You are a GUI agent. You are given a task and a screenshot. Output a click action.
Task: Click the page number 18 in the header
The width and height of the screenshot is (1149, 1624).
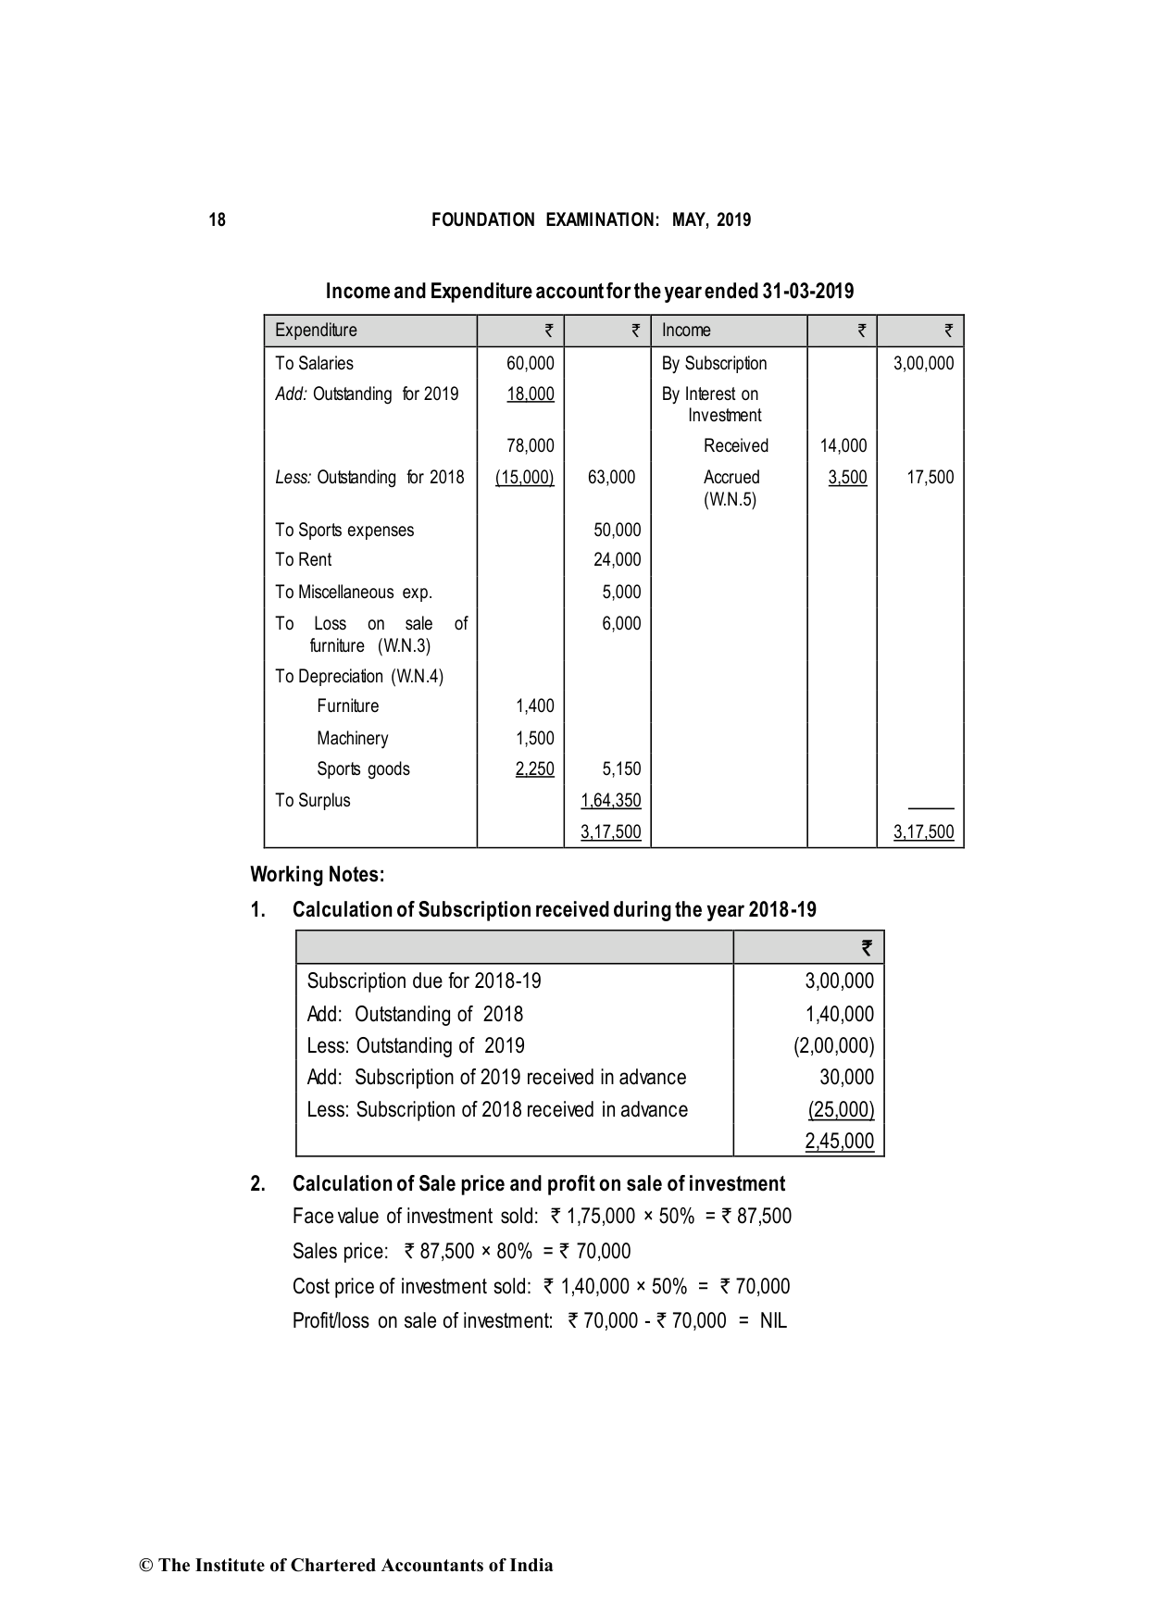coord(217,220)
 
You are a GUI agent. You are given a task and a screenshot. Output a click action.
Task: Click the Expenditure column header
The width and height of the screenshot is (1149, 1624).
coord(316,331)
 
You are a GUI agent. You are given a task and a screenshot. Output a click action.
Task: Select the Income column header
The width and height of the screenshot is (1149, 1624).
coord(686,331)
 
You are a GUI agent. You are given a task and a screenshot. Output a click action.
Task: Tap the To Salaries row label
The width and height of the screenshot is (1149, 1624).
coord(314,364)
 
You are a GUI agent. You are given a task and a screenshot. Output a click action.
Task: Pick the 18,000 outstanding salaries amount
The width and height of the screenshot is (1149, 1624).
coord(531,394)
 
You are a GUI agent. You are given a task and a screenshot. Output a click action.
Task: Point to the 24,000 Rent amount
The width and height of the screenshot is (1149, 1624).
coord(617,560)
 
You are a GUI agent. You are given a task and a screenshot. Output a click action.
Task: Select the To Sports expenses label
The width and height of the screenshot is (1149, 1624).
coord(344,531)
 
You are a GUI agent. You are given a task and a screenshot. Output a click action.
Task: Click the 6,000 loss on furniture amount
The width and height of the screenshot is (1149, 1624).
coord(621,624)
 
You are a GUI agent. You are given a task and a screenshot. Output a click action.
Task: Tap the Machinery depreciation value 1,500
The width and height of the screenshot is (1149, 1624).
coord(534,739)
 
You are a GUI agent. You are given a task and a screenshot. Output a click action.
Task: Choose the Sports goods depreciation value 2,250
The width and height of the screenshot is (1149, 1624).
coord(534,769)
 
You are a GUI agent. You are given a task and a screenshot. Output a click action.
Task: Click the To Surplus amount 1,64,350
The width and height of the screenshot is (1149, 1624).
coord(611,801)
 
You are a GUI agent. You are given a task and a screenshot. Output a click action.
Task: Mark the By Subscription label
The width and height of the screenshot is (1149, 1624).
coord(714,364)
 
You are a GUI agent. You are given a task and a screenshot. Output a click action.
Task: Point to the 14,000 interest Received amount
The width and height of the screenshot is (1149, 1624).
coord(843,446)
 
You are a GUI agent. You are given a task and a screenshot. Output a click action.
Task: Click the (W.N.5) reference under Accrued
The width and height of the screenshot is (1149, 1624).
coord(730,500)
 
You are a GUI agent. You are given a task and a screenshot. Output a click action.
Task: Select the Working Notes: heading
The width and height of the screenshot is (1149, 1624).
coord(317,875)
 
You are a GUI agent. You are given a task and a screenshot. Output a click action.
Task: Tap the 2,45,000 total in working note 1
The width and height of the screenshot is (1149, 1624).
coord(839,1142)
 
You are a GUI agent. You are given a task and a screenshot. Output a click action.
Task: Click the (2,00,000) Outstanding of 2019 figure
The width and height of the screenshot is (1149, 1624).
coord(833,1046)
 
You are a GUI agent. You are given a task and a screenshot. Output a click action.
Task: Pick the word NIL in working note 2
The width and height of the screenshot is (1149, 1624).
coord(773,1321)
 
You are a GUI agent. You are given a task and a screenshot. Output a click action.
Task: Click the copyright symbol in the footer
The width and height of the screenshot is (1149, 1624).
coord(145,1567)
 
